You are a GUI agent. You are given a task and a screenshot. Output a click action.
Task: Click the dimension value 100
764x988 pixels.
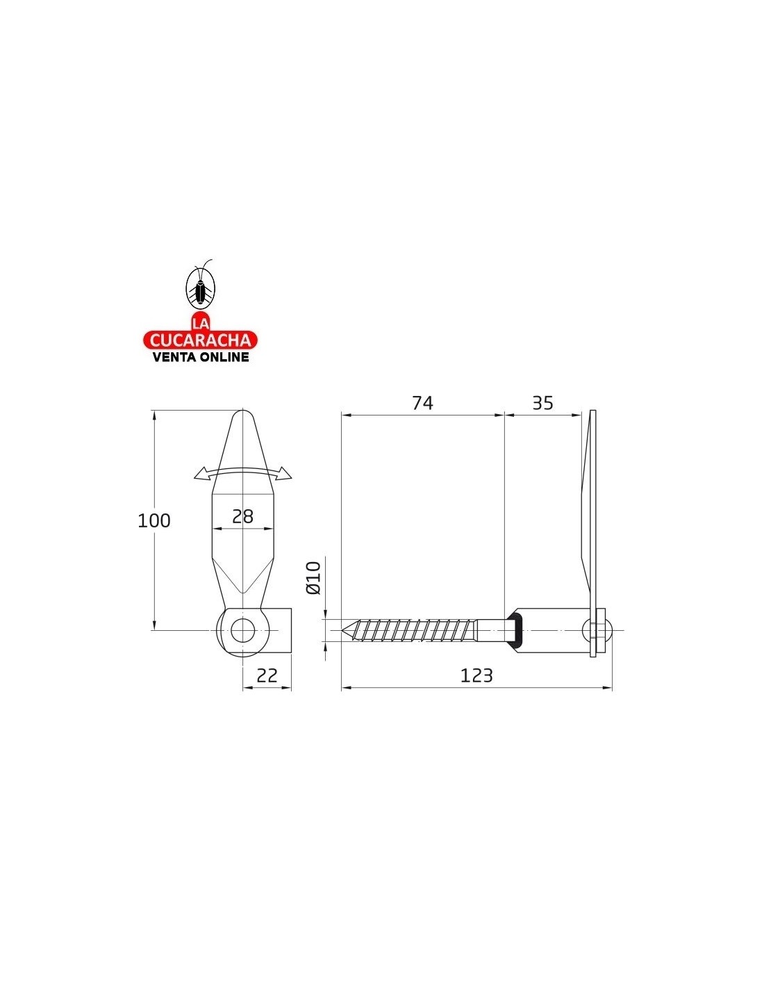pyautogui.click(x=153, y=520)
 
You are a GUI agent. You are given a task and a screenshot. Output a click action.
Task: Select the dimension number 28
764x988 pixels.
pyautogui.click(x=242, y=516)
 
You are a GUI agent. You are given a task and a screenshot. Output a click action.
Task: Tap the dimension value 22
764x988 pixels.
pyautogui.click(x=267, y=675)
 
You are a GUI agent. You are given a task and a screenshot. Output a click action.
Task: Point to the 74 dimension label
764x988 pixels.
pyautogui.click(x=423, y=403)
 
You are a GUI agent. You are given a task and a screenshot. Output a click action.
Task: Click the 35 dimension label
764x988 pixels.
pyautogui.click(x=542, y=403)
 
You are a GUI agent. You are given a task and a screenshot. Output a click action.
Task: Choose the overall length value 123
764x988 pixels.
pyautogui.click(x=476, y=675)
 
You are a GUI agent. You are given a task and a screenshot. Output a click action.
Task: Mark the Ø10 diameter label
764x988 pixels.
pyautogui.click(x=314, y=578)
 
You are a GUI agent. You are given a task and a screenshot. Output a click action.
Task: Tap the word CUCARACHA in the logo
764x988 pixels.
pyautogui.click(x=201, y=340)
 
